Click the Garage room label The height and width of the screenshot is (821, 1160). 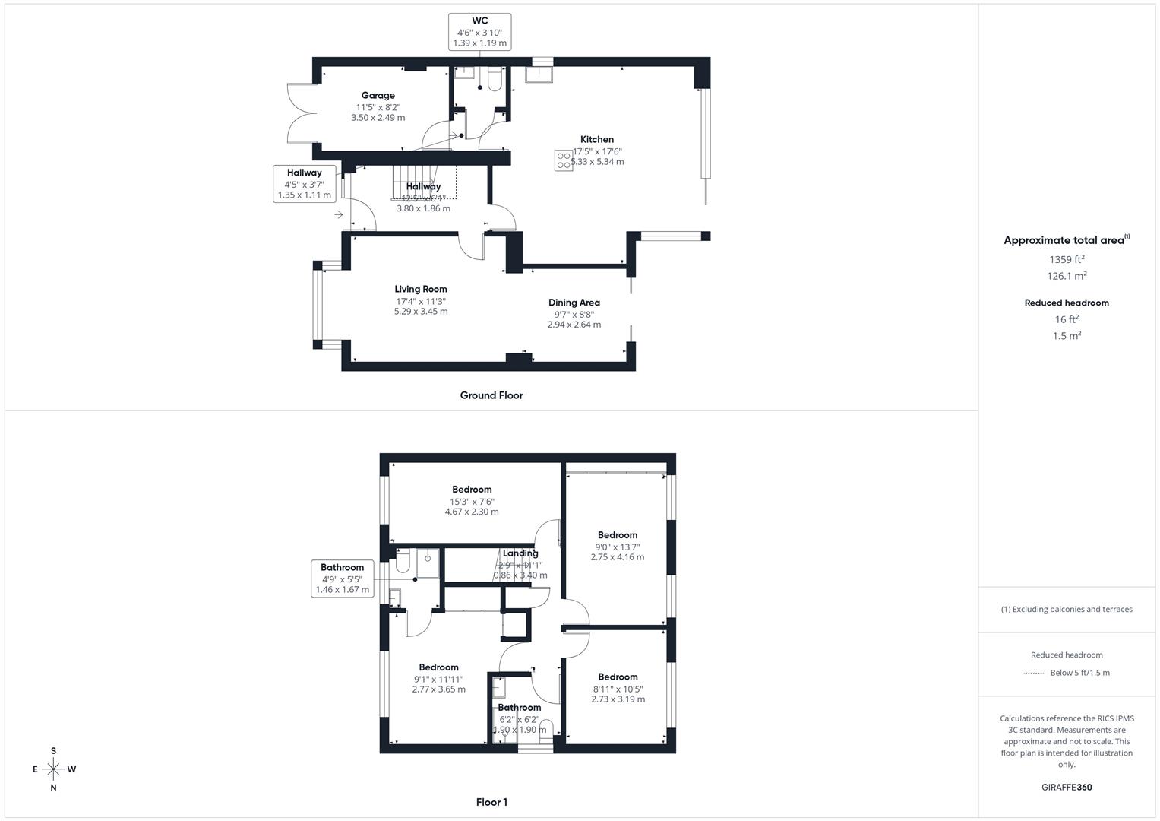tap(378, 96)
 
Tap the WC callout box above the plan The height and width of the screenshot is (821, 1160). tap(479, 32)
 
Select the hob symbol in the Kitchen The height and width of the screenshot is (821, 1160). tap(564, 160)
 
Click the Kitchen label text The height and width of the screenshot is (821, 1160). tap(597, 140)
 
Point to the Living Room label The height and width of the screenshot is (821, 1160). tap(420, 289)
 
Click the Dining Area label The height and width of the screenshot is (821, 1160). tap(574, 303)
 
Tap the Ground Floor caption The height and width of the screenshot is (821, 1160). tap(491, 395)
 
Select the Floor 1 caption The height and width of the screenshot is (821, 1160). tap(491, 802)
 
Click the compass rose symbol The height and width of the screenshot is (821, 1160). tap(53, 769)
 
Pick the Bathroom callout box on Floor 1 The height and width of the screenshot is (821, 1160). tap(342, 579)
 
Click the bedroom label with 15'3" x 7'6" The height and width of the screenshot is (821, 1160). tap(472, 490)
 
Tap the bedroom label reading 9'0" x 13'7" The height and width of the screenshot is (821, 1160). tap(617, 535)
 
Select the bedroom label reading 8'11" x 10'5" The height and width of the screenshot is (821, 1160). tap(618, 677)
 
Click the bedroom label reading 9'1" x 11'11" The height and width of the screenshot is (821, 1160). tap(438, 668)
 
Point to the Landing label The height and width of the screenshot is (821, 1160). tap(520, 553)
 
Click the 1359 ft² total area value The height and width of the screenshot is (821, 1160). tap(1067, 259)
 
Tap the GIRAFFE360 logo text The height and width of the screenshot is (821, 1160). tap(1067, 788)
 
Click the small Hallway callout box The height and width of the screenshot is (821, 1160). tap(304, 184)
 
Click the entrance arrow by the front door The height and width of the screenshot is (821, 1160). tap(339, 215)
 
